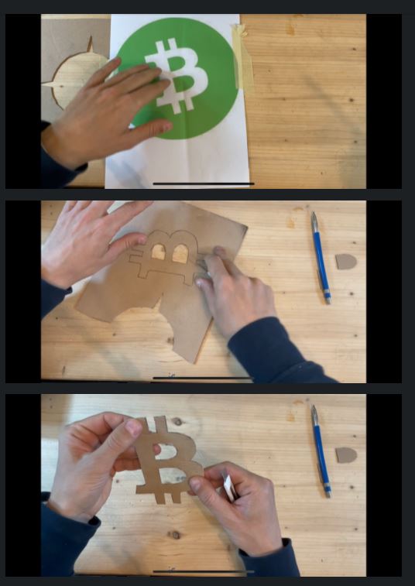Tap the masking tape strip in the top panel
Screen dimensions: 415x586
[x=243, y=58]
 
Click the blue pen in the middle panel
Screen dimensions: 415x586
[x=321, y=258]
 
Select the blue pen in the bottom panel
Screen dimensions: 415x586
[x=321, y=451]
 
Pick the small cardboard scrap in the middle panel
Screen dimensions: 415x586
[x=346, y=262]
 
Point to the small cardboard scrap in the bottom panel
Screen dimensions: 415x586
[x=346, y=455]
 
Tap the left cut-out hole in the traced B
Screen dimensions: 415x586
[x=158, y=252]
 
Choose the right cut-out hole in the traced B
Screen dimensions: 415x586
[x=180, y=254]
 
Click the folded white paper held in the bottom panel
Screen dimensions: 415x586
[x=229, y=487]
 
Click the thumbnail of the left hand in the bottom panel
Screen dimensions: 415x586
[x=133, y=427]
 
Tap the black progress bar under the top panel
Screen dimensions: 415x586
[x=204, y=183]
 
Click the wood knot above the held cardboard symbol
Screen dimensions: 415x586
[x=177, y=422]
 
